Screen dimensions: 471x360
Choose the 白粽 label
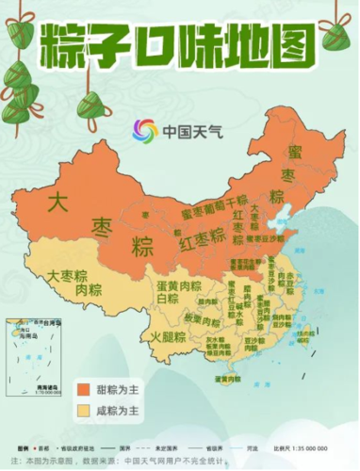point(168,298)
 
